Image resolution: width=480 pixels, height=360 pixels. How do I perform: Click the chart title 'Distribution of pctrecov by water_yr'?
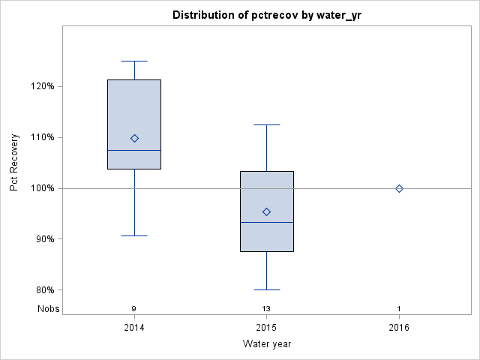[x=267, y=15]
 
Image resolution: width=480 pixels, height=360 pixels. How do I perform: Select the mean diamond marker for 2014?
[x=134, y=138]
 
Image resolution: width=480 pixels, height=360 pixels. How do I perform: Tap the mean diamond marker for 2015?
[x=266, y=211]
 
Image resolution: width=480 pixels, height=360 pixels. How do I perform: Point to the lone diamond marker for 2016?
[x=399, y=188]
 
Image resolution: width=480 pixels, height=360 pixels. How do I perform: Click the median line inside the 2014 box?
[x=134, y=150]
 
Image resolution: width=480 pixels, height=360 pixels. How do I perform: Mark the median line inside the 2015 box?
[x=266, y=223]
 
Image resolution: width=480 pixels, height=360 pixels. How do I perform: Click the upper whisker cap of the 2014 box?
[x=134, y=61]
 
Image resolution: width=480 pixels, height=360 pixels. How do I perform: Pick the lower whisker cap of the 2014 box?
[x=134, y=235]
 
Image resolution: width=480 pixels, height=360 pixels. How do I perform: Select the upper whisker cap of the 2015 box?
[x=266, y=124]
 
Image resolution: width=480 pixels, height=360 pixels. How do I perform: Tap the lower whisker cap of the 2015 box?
[x=266, y=289]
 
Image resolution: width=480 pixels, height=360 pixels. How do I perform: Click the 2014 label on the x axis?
[x=134, y=328]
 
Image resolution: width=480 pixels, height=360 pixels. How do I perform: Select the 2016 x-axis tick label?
[x=399, y=328]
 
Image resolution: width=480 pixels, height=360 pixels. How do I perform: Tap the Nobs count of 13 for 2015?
[x=266, y=309]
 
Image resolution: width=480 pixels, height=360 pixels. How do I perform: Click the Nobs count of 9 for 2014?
[x=134, y=309]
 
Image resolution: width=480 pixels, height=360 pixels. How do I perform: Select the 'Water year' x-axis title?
[x=267, y=344]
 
